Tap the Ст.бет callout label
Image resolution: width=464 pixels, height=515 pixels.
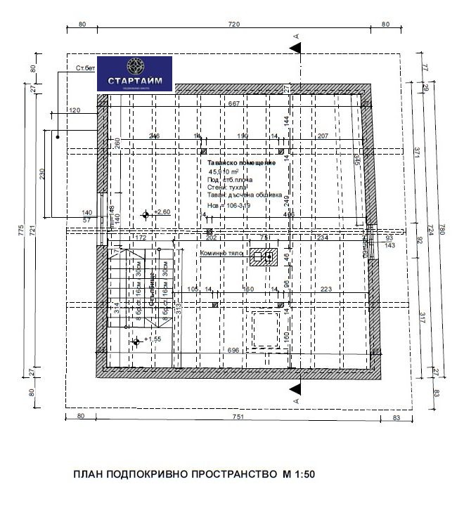[x=85, y=68]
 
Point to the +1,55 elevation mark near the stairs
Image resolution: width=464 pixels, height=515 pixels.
[x=153, y=339]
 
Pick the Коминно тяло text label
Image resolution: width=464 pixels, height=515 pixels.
[x=221, y=253]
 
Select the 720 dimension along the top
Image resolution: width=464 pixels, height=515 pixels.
[x=234, y=25]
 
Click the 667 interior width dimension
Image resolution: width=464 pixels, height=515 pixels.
[x=235, y=104]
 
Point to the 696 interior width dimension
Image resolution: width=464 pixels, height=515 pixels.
[x=235, y=350]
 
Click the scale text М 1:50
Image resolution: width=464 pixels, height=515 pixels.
[x=299, y=474]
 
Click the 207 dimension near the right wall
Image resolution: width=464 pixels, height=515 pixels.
[x=323, y=136]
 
